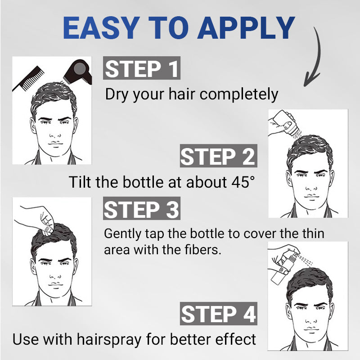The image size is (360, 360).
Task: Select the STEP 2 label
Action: (218, 157)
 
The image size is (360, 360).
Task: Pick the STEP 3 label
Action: (142, 209)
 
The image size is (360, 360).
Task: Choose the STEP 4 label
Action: (218, 314)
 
